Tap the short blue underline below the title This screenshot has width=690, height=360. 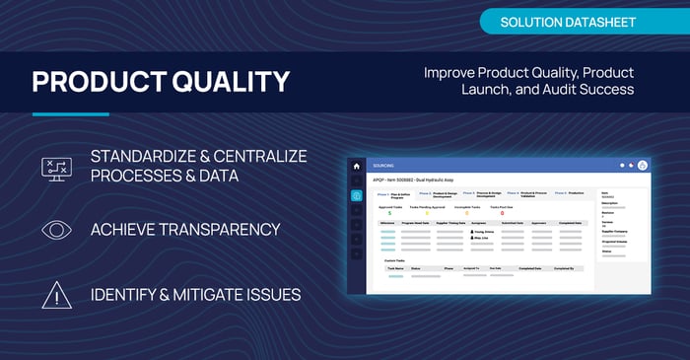pyautogui.click(x=70, y=114)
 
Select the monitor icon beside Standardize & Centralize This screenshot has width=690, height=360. pyautogui.click(x=56, y=168)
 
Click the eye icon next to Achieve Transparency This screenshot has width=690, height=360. pyautogui.click(x=56, y=230)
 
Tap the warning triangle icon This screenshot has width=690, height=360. pyautogui.click(x=56, y=293)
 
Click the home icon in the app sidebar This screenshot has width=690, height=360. pyautogui.click(x=356, y=166)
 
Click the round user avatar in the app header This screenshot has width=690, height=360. pyautogui.click(x=643, y=165)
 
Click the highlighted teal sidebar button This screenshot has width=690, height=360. pyautogui.click(x=356, y=195)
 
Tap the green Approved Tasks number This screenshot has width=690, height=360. pyautogui.click(x=390, y=213)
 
